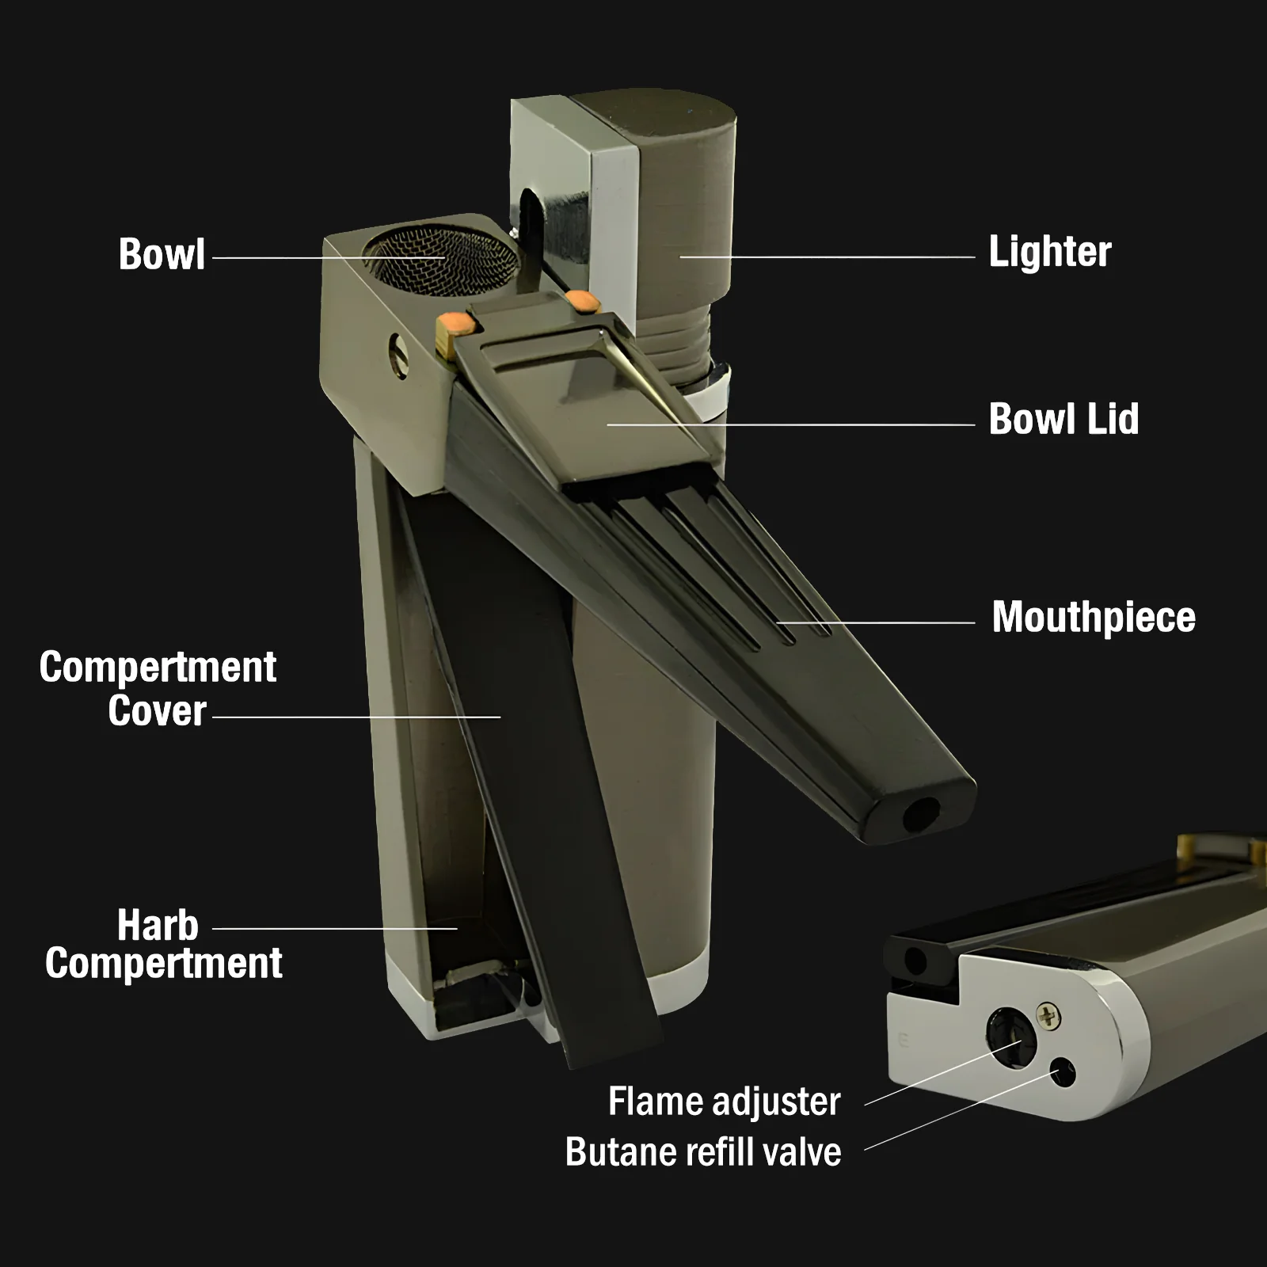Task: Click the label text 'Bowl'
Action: pos(162,255)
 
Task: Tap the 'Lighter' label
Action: pos(1049,253)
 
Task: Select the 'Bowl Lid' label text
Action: pos(1063,419)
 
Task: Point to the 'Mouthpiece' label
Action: pos(1093,618)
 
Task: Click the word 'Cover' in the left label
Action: pos(157,711)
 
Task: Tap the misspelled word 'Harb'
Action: pos(158,925)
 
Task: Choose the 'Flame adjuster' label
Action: pos(724,1101)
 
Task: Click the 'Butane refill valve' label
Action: pos(703,1152)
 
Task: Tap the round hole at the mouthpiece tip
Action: pos(921,814)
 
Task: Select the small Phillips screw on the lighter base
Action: pos(1048,1014)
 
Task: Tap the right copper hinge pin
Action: pos(584,302)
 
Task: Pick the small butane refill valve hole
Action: pos(1062,1073)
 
